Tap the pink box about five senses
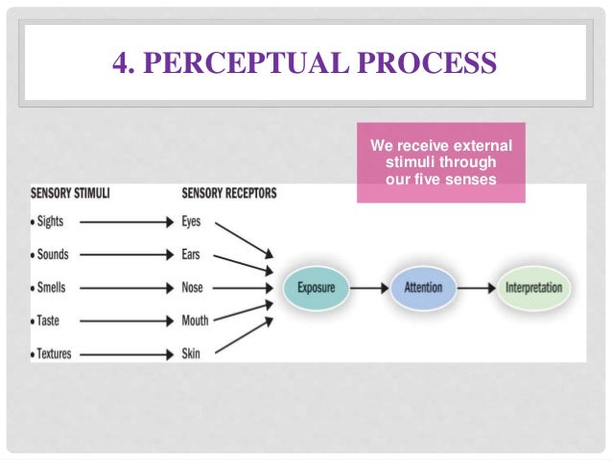(x=440, y=162)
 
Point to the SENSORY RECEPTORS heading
(x=228, y=193)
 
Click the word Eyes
(x=192, y=222)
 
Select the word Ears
(x=192, y=254)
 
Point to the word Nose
(x=193, y=287)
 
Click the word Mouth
(x=195, y=321)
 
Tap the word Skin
(x=191, y=353)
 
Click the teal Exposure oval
(x=317, y=287)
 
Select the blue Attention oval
(x=423, y=287)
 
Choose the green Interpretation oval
(x=532, y=287)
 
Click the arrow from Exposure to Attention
(x=369, y=287)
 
